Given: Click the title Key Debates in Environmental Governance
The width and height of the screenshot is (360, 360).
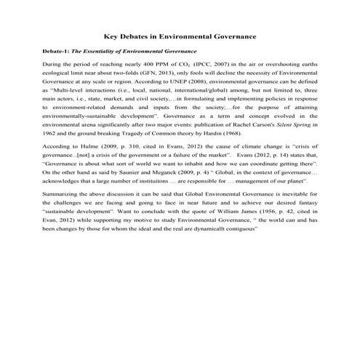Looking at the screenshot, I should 180,35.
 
